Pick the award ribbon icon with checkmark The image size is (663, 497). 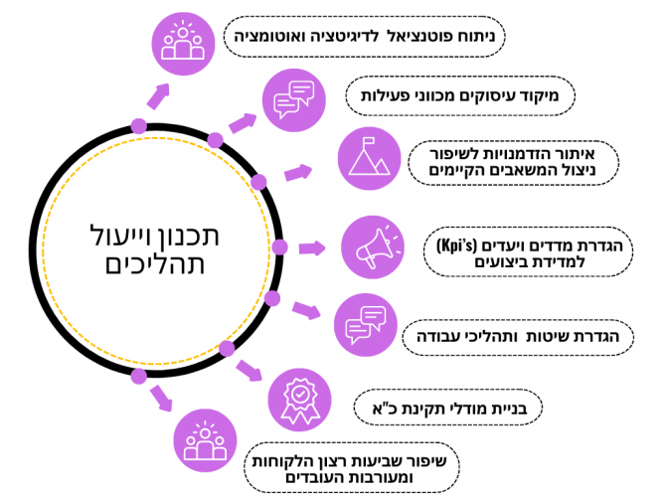300,399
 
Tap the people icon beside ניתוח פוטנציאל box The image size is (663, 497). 183,41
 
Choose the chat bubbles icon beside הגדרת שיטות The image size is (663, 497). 364,322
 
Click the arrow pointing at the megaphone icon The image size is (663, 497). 312,248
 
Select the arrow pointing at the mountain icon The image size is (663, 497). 298,173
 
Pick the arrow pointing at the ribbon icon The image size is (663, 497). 249,373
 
